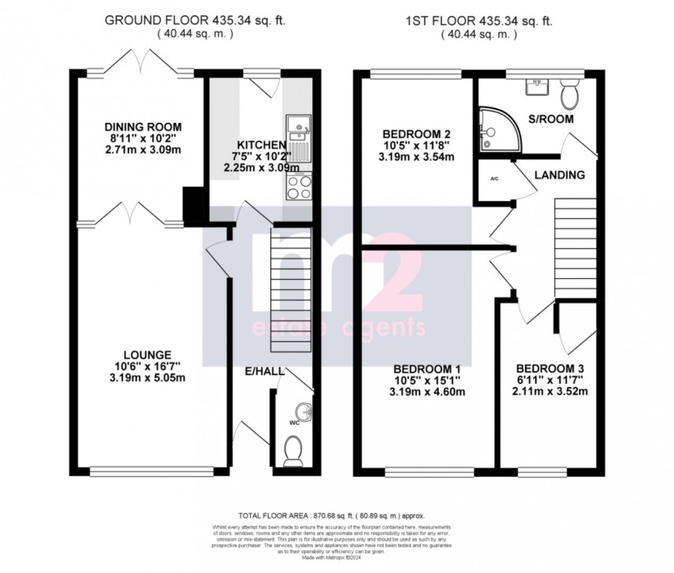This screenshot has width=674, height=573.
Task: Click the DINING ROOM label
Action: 143,127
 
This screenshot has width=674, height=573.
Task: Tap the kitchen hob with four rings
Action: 299,187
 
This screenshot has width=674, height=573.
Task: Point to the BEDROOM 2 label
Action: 416,133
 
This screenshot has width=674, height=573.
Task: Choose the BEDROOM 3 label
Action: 549,369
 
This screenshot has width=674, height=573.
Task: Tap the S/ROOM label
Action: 550,119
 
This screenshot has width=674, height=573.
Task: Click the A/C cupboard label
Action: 494,180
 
